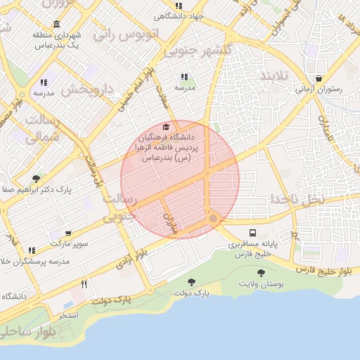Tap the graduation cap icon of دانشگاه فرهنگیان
pyautogui.click(x=166, y=127)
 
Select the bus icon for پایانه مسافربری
pyautogui.click(x=252, y=233)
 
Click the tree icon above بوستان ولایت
pyautogui.click(x=261, y=273)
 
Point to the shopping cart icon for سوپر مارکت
pyautogui.click(x=67, y=233)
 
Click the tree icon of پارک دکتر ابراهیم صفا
pyautogui.click(x=36, y=179)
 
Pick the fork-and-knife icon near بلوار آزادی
pyautogui.click(x=84, y=284)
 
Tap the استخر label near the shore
pyautogui.click(x=67, y=315)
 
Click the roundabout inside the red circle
pyautogui.click(x=213, y=219)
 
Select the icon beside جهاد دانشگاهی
pyautogui.click(x=179, y=6)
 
